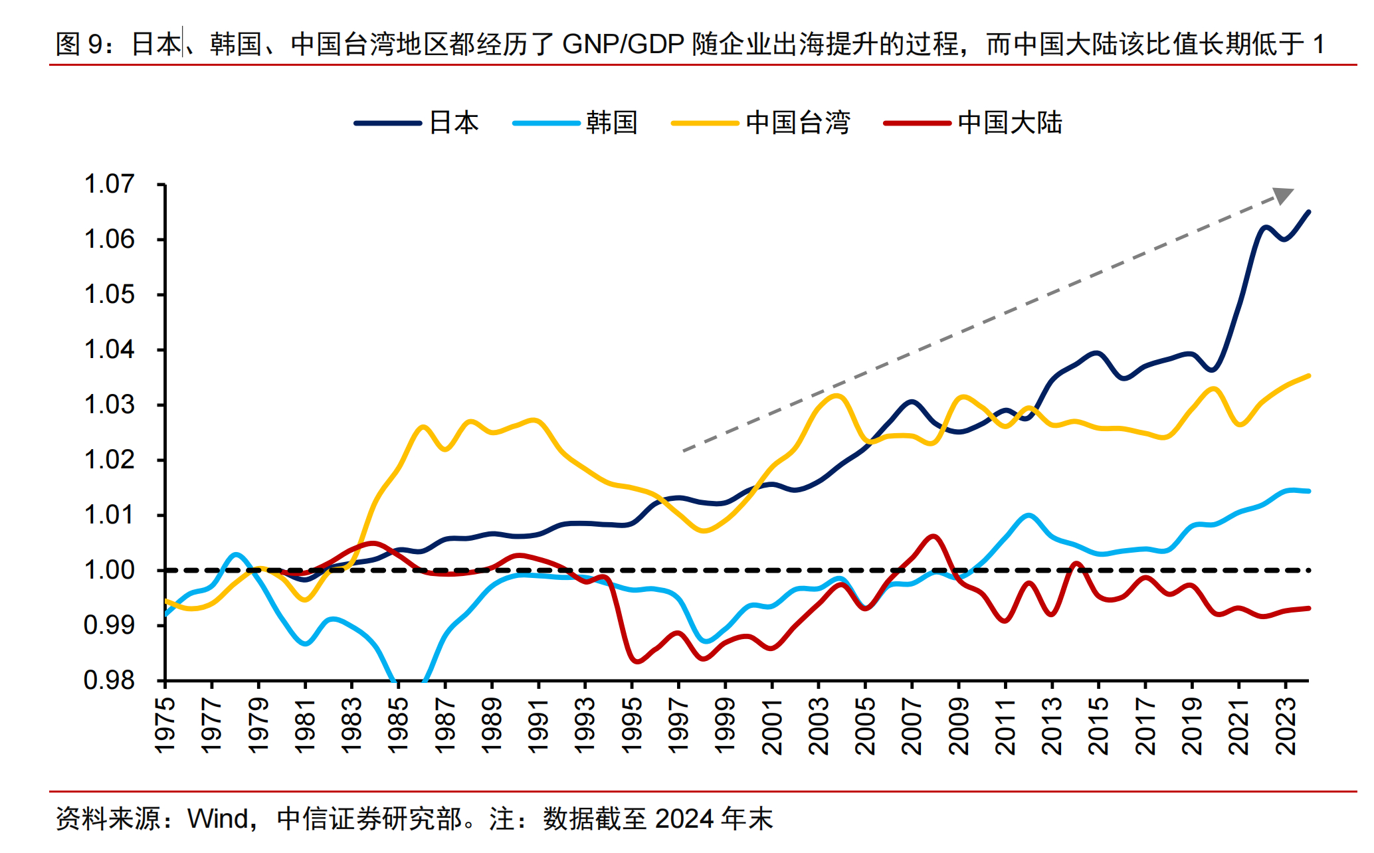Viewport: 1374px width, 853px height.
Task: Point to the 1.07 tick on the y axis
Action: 110,184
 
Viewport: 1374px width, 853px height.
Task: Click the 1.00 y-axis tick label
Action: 110,570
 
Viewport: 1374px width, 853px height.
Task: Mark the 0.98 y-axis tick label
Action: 110,680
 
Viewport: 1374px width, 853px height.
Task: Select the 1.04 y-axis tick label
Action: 110,349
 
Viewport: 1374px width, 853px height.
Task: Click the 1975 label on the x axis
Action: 165,725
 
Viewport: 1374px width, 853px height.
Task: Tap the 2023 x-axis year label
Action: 1286,725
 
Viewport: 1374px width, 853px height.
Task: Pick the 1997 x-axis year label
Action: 678,725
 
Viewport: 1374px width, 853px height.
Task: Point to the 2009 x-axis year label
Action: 959,725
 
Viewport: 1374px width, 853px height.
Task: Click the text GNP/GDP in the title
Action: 623,45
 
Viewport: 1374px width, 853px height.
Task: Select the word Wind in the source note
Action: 217,818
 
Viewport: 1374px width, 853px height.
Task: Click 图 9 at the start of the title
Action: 78,45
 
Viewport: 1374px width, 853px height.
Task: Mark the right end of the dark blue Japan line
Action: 1308,212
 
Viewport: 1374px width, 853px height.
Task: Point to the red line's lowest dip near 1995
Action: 637,662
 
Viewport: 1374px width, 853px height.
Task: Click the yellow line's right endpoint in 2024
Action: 1308,376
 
